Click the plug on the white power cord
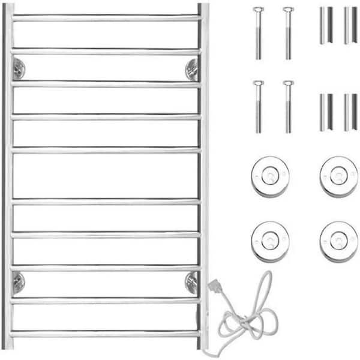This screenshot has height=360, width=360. pos(214,287)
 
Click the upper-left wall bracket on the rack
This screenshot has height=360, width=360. pos(18,68)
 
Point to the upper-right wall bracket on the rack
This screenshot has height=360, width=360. pos(192,70)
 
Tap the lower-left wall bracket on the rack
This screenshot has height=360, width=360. pos(18,281)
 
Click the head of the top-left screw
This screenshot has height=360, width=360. pos(259,10)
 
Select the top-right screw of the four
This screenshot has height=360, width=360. pos(289,33)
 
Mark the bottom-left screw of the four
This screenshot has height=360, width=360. pos(259,106)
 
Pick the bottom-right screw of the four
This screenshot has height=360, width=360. pos(289,106)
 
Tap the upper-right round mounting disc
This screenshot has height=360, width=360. pos(338,176)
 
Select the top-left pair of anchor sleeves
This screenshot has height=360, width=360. pos(327,25)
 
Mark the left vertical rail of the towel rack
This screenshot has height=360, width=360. pos(8,180)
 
